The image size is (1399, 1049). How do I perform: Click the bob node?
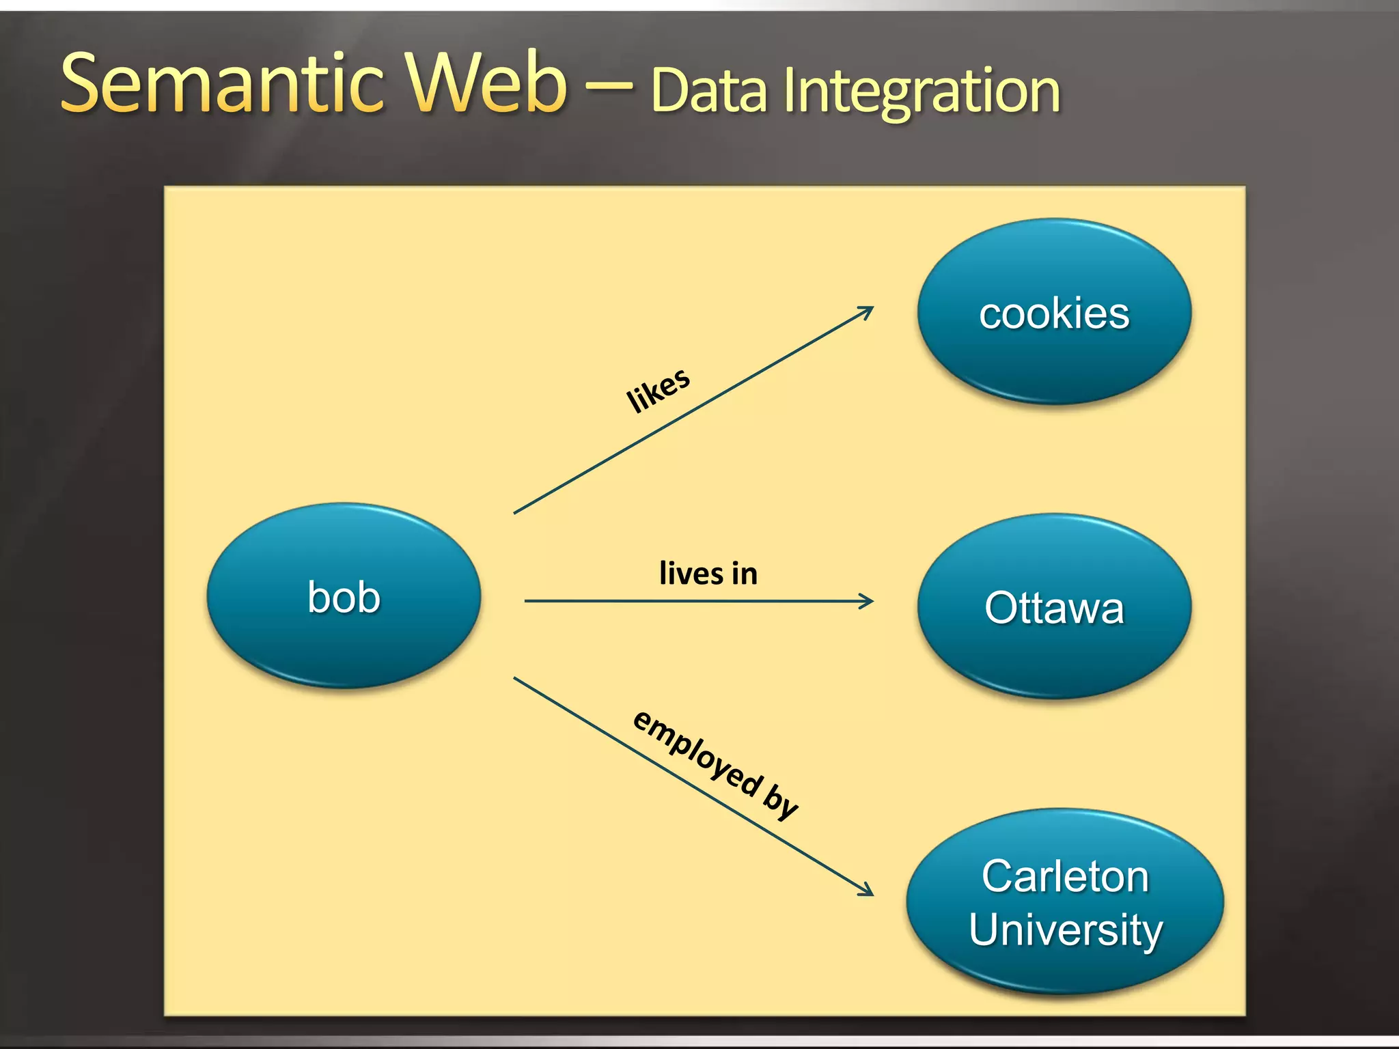point(344,596)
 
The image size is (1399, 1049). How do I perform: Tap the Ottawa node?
point(1054,606)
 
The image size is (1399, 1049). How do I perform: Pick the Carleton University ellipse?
point(1065,901)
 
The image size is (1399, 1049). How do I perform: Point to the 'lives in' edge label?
point(708,573)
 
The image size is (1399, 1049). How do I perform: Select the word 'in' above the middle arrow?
point(745,574)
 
